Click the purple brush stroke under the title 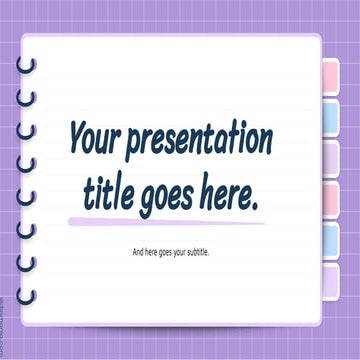click(x=165, y=221)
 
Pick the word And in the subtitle click(x=138, y=251)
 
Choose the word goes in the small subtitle click(x=175, y=252)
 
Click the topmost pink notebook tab click(x=329, y=77)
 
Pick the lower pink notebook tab click(x=329, y=199)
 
